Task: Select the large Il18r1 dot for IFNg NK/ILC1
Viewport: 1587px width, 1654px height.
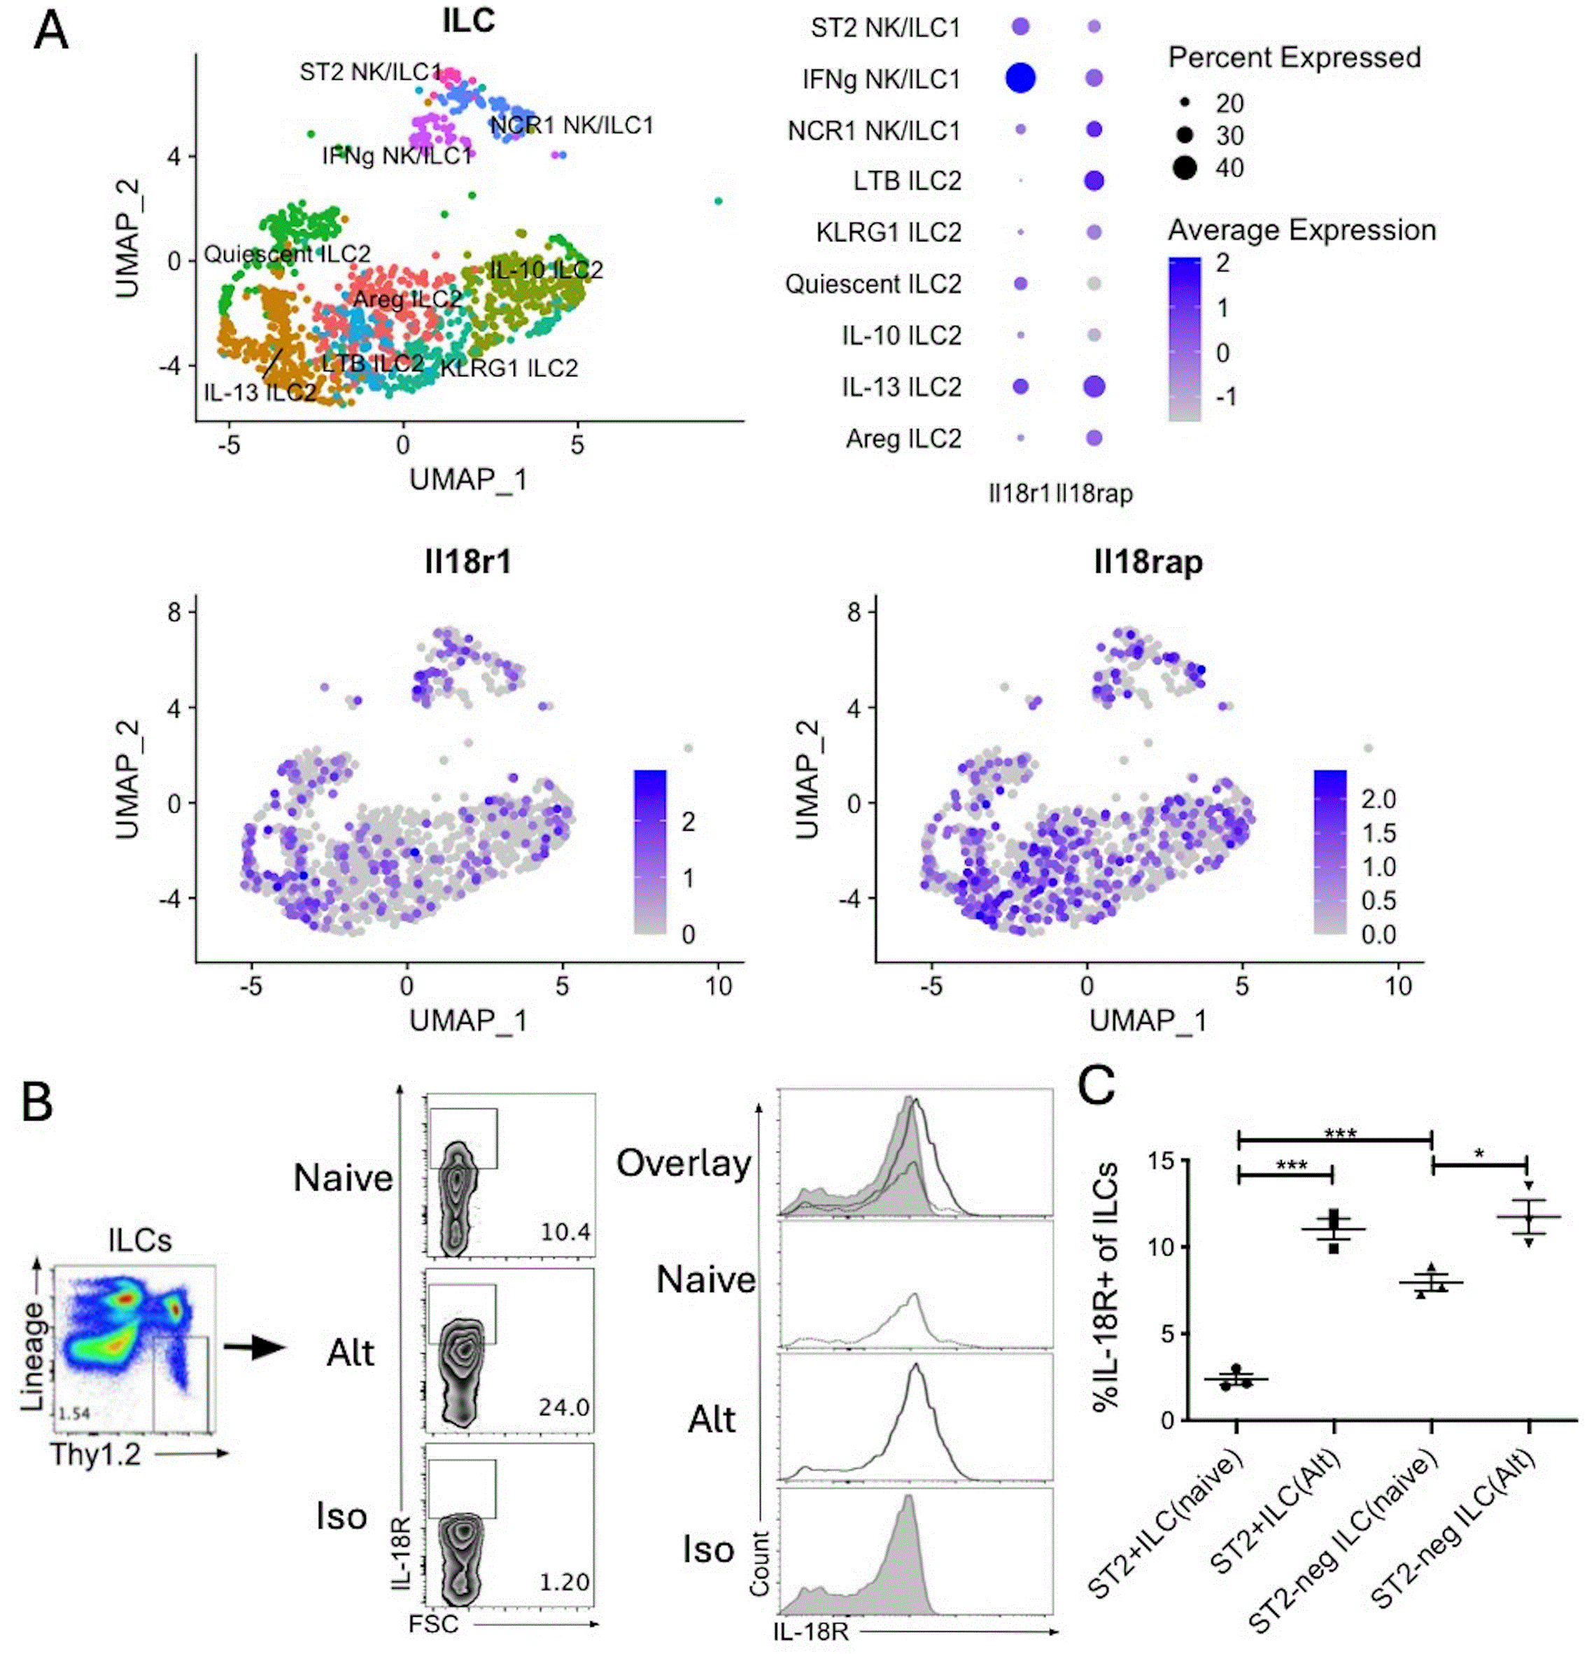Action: tap(1020, 78)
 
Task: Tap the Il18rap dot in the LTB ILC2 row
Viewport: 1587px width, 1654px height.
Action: tap(1094, 181)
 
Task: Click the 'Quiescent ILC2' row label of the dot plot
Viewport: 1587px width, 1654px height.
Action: tap(873, 284)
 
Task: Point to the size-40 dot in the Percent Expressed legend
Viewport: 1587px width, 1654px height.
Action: tap(1185, 167)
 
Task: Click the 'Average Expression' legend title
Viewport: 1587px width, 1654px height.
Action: tap(1301, 230)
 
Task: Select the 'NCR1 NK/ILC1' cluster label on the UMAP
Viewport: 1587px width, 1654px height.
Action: tap(572, 126)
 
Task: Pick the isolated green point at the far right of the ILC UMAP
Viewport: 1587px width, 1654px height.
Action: tap(718, 201)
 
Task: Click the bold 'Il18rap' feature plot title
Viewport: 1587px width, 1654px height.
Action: tap(1148, 561)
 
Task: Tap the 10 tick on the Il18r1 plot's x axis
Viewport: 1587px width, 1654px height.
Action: tap(718, 986)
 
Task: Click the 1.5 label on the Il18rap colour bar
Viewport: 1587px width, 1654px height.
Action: tap(1378, 833)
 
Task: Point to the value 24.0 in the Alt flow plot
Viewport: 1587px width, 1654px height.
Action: tap(563, 1407)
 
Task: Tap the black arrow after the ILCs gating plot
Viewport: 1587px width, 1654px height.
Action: tap(254, 1347)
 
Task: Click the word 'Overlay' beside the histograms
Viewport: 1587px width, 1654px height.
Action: tap(684, 1163)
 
